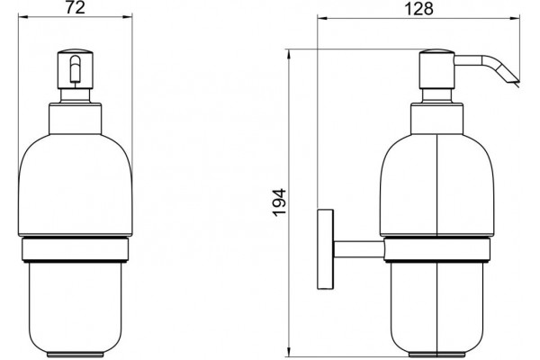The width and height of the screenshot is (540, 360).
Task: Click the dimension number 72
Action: pos(76,8)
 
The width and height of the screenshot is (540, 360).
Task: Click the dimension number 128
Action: pos(418,8)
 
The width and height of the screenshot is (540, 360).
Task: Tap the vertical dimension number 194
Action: pos(279,202)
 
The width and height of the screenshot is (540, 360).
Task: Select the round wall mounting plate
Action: pos(325,248)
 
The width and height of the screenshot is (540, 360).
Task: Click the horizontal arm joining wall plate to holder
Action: pos(359,249)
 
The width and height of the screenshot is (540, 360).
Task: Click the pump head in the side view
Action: pos(437,69)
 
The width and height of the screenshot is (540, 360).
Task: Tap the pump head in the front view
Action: pos(75,69)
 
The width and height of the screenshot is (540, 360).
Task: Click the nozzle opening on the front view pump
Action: pos(75,70)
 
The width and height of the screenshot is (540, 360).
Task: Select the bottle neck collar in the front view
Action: pos(75,118)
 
